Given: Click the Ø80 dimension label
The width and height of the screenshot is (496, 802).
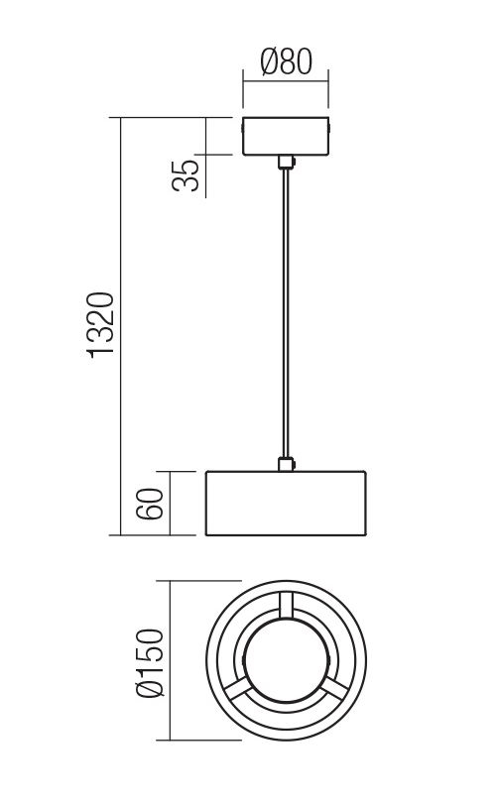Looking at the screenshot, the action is [286, 61].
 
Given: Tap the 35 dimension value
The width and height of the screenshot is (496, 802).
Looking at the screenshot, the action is [186, 175].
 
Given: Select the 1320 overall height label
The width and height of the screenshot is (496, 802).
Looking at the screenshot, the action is [100, 325].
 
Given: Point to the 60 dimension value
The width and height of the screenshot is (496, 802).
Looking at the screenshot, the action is [150, 505].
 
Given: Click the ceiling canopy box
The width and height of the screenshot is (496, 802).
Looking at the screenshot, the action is [286, 137].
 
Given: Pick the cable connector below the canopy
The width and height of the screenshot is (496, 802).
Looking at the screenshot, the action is [286, 163].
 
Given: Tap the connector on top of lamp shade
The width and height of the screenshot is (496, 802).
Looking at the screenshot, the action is [286, 464].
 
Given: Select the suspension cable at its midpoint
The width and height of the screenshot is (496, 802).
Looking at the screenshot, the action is [286, 313].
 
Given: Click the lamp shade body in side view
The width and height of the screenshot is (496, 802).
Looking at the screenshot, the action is [286, 504].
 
